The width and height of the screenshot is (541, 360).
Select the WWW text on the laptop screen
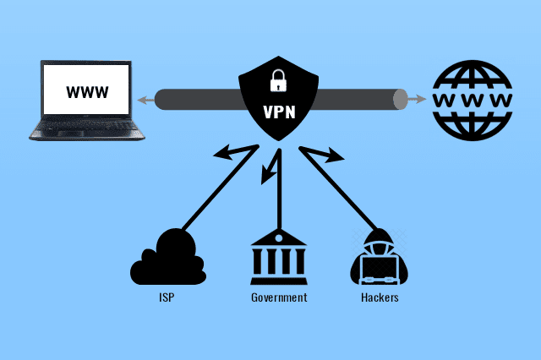point(87,91)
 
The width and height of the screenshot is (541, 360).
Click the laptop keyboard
point(85,128)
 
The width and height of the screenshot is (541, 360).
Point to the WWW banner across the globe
point(473,99)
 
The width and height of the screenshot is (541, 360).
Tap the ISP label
point(167,298)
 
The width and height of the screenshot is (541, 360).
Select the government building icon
point(278,258)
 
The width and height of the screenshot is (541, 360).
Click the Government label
point(278,298)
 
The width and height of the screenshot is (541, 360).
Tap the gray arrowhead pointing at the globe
point(418,100)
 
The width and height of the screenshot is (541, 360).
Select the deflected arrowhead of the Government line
point(266,178)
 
